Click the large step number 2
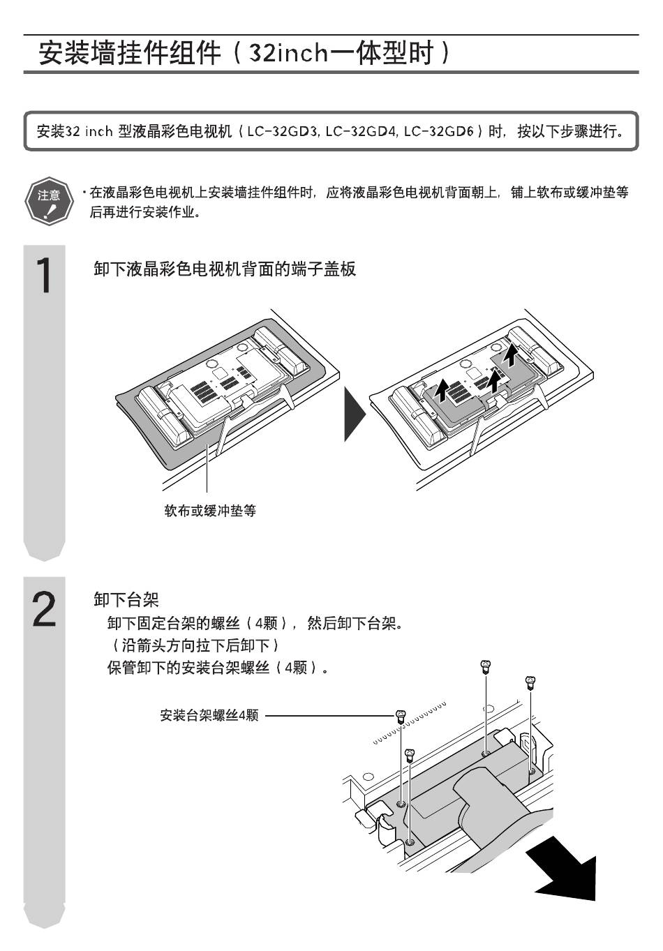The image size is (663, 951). pyautogui.click(x=44, y=608)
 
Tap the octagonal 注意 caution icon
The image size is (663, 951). pyautogui.click(x=48, y=199)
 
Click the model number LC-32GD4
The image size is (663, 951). pyautogui.click(x=362, y=131)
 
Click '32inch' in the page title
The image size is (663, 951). pyautogui.click(x=289, y=53)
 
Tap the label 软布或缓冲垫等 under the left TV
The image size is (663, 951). pyautogui.click(x=209, y=511)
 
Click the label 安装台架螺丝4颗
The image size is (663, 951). pyautogui.click(x=209, y=715)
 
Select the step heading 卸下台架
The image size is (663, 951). pyautogui.click(x=126, y=599)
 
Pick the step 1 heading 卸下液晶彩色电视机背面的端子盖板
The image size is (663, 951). pyautogui.click(x=225, y=269)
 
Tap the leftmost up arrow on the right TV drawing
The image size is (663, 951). pyautogui.click(x=442, y=389)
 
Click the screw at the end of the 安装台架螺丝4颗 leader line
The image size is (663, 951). pyautogui.click(x=400, y=715)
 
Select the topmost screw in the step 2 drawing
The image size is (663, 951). pyautogui.click(x=486, y=666)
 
